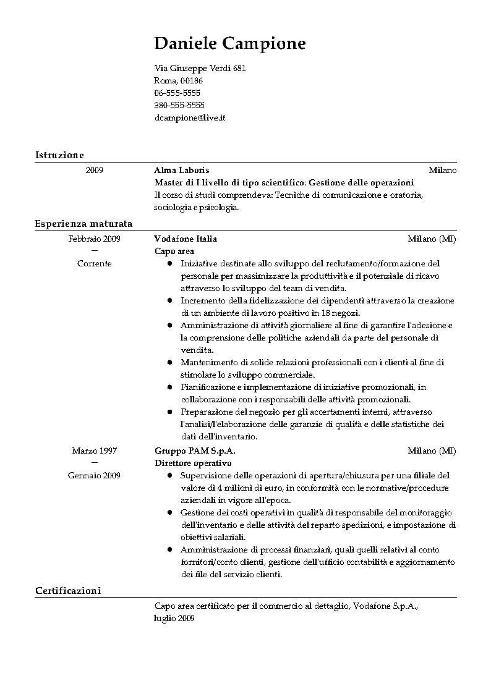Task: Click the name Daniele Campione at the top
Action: [x=229, y=44]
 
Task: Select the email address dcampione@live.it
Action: [x=189, y=117]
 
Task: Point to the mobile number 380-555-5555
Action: [x=179, y=105]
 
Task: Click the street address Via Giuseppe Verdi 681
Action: [x=200, y=69]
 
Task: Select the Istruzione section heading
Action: [x=59, y=154]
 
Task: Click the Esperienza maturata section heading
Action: [x=83, y=223]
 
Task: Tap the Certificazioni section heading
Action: [x=67, y=591]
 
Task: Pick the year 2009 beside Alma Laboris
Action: [x=94, y=171]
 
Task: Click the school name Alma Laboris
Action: [x=182, y=171]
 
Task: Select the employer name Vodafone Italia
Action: [x=186, y=239]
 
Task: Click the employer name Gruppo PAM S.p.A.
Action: [x=195, y=451]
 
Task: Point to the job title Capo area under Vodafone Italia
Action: [x=174, y=252]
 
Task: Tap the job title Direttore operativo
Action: [x=193, y=463]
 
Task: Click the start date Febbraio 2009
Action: [x=94, y=239]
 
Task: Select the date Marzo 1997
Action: [x=94, y=451]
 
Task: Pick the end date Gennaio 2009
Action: [x=94, y=475]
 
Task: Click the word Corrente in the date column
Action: [x=94, y=263]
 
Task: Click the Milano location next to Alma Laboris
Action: [x=442, y=171]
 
